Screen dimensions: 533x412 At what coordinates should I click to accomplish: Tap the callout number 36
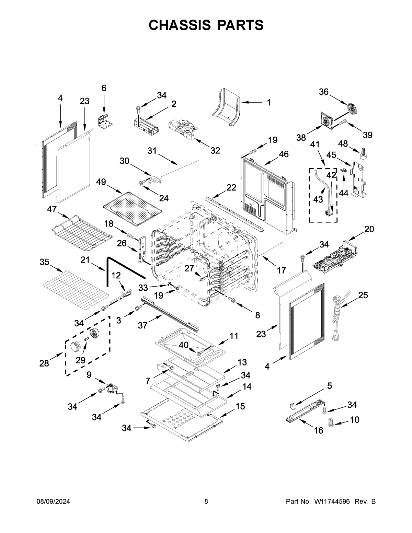coord(324,92)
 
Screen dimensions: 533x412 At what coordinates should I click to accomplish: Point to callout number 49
coord(101,182)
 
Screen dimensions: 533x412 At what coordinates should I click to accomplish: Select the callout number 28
coord(44,363)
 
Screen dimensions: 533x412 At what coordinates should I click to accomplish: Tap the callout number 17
coord(281,270)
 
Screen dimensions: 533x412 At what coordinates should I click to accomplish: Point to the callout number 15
coord(240,406)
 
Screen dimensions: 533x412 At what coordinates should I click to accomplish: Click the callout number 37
coord(143,325)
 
